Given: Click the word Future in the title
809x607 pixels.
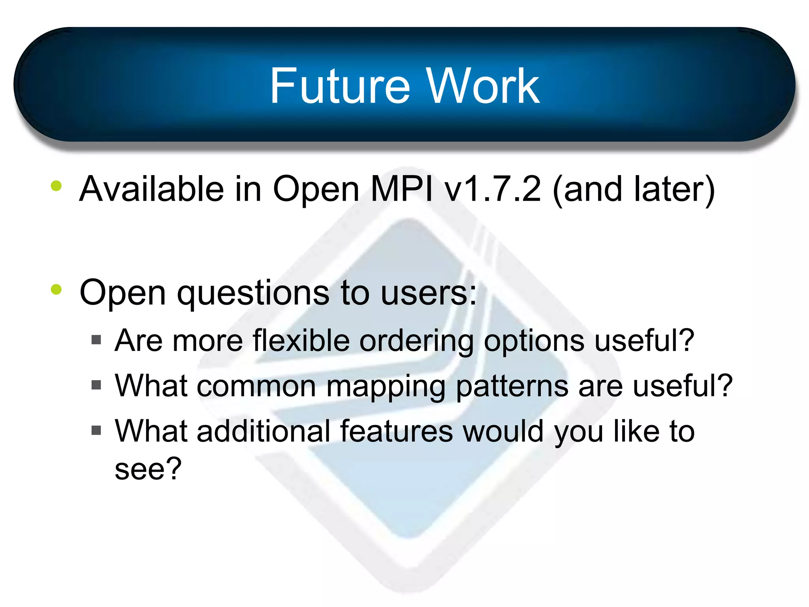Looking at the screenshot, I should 340,86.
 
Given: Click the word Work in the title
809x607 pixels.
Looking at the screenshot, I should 482,86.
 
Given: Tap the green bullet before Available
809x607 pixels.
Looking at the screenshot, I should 56,186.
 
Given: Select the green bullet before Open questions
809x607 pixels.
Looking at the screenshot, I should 56,289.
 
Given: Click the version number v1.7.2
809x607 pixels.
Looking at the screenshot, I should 492,189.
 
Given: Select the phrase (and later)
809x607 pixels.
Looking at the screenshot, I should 634,190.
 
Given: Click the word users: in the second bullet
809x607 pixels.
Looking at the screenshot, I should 429,293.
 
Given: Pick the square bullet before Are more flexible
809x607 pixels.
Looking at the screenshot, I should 96,340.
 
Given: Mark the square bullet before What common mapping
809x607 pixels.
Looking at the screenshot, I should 96,385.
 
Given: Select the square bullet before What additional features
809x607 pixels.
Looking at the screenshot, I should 96,430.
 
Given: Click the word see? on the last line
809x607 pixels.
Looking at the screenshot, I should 148,469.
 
